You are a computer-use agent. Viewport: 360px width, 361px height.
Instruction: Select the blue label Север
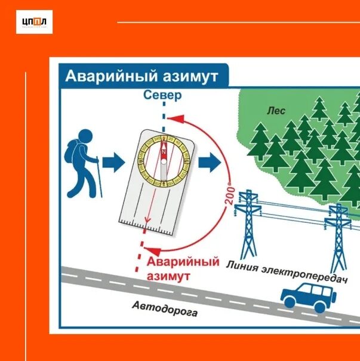click(163, 96)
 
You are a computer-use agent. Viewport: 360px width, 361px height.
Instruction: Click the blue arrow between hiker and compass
click(113, 161)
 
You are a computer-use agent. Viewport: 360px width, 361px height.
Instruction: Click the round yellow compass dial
click(163, 154)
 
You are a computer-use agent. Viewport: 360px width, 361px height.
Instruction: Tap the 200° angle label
click(229, 193)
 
